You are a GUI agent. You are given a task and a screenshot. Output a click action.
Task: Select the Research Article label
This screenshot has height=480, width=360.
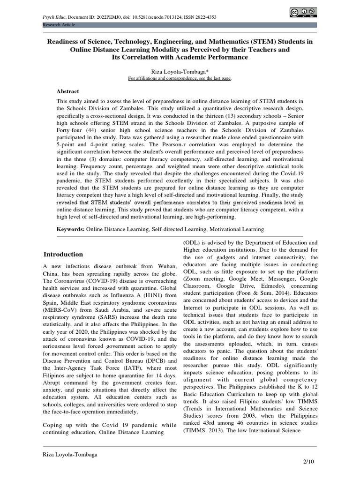(59, 24)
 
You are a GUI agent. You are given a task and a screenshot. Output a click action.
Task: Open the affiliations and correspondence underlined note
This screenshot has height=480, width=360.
(180, 78)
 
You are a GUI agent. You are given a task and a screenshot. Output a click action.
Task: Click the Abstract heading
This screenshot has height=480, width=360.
(68, 91)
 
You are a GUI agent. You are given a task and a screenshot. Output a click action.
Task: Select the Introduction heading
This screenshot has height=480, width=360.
(63, 255)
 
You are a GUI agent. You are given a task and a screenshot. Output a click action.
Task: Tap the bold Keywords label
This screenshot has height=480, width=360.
(70, 229)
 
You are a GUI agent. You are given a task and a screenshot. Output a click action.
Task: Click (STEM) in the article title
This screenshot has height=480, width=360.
(263, 41)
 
